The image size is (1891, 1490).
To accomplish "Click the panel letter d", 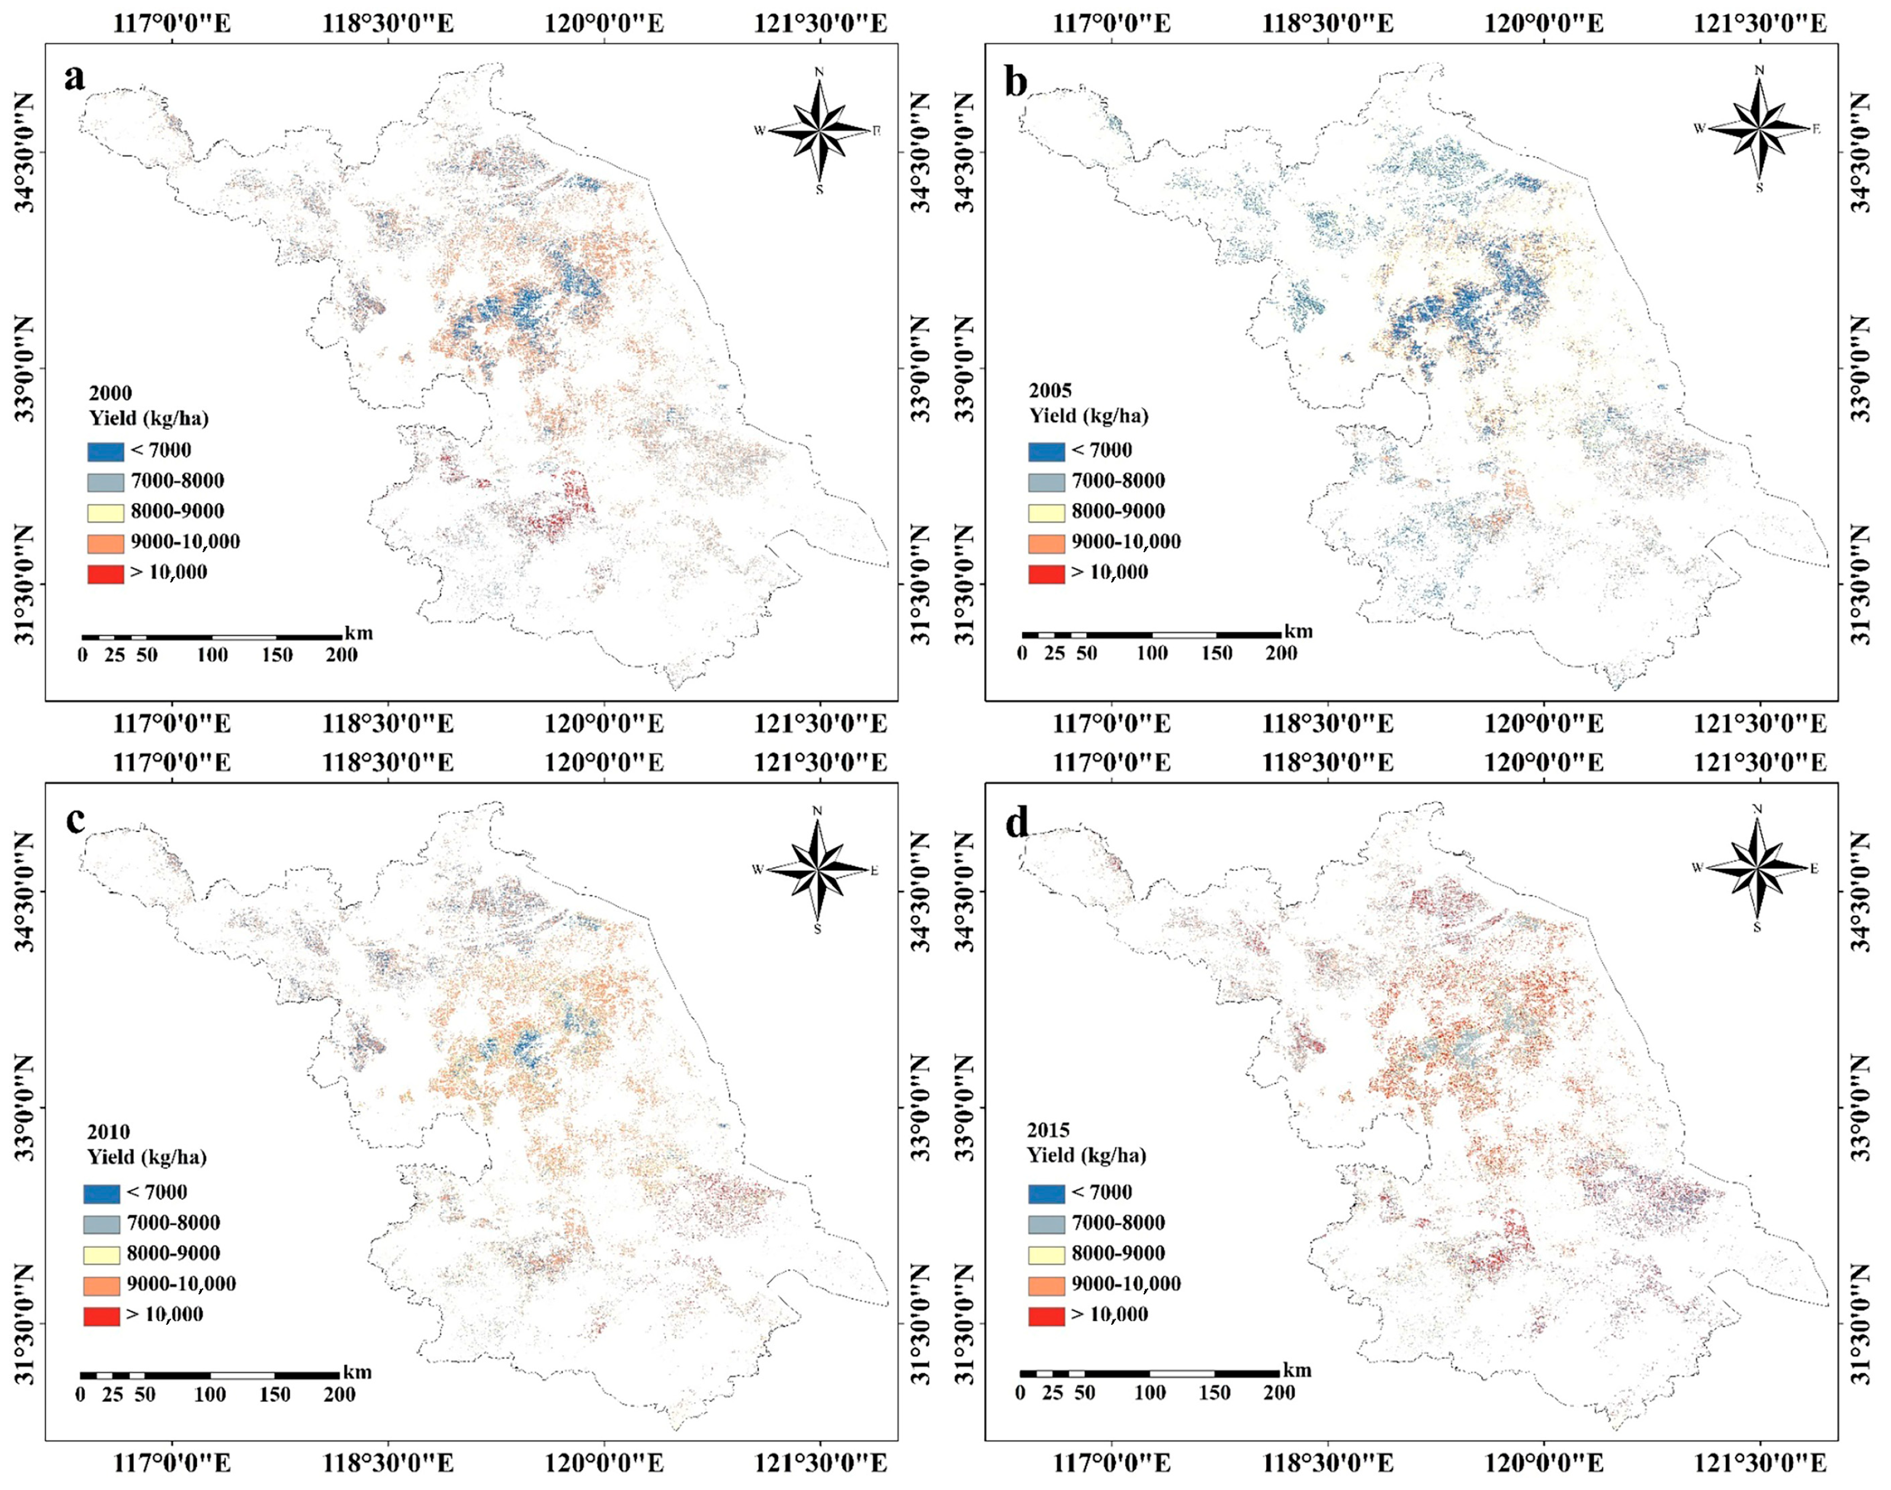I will (1017, 823).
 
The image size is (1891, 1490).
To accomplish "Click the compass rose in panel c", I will (818, 870).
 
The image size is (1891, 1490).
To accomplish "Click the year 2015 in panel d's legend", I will (1048, 1131).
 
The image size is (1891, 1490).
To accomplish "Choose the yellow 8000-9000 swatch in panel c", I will (101, 1254).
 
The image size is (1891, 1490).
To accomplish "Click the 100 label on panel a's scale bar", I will (212, 655).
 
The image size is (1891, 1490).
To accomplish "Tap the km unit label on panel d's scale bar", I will (1297, 1370).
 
